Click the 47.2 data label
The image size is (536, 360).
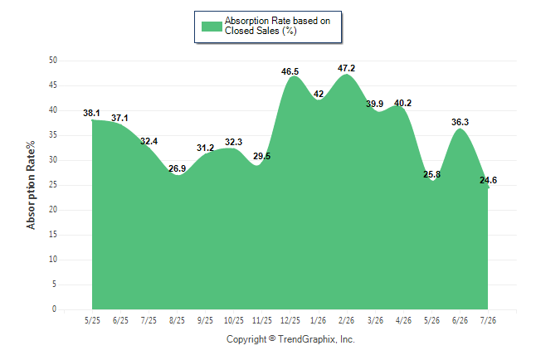[x=346, y=68]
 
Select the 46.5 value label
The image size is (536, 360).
[x=290, y=71]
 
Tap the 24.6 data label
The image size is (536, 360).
[x=488, y=180]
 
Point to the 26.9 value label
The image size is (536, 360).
[x=177, y=168]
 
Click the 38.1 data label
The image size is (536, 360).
[x=91, y=113]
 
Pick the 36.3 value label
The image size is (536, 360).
[x=460, y=122]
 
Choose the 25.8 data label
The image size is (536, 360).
[x=431, y=174]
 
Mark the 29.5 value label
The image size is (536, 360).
[x=262, y=156]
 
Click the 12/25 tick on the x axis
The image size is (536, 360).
[x=290, y=320]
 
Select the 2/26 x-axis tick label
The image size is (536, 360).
[x=346, y=320]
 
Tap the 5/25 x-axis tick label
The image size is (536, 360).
[x=92, y=320]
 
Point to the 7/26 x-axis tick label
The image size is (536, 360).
[x=488, y=320]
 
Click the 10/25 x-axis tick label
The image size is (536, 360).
[x=234, y=320]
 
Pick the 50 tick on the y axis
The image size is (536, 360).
[x=53, y=61]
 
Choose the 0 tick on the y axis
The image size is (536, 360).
[x=54, y=309]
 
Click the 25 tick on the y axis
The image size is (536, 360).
[x=53, y=185]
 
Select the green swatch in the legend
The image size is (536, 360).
[x=212, y=27]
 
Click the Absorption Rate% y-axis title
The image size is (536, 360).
[x=31, y=185]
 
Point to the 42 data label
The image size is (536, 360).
[x=319, y=94]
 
